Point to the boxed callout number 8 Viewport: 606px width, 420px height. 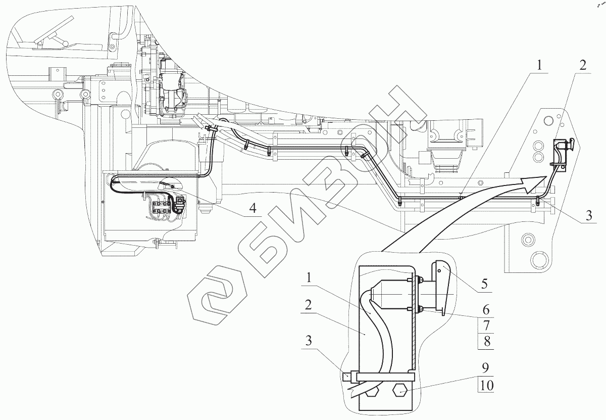486,341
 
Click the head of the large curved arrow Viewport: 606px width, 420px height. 535,182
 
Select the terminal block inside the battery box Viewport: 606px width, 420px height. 163,208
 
